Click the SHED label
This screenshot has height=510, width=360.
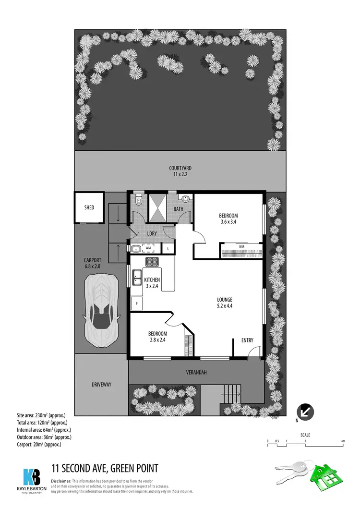[x=89, y=207]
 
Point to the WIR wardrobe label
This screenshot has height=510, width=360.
[x=242, y=246]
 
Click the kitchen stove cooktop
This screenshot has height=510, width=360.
[x=152, y=262]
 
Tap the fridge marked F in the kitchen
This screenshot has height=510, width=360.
[x=137, y=304]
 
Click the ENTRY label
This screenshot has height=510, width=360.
[x=247, y=340]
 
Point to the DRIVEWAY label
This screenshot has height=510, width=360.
[x=101, y=385]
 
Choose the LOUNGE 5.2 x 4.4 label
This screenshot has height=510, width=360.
[x=225, y=303]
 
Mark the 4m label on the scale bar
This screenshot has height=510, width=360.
[x=343, y=441]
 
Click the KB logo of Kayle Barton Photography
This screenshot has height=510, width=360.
[x=32, y=477]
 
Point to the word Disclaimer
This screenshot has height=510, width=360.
[x=61, y=481]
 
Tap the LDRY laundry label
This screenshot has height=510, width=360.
[x=152, y=233]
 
